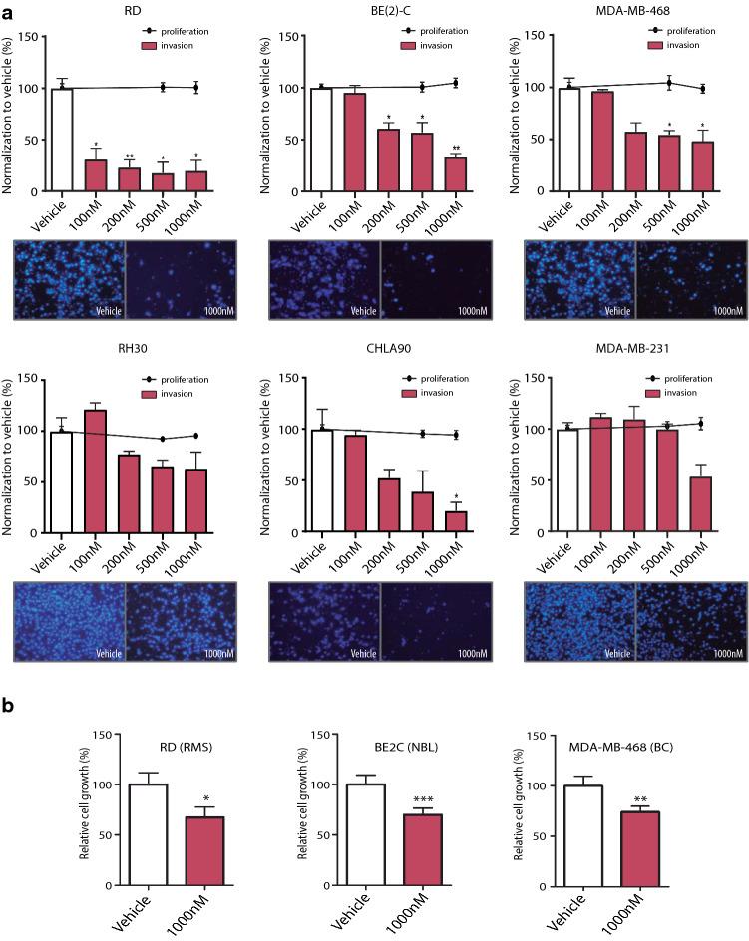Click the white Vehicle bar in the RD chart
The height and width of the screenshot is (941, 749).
pyautogui.click(x=62, y=140)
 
